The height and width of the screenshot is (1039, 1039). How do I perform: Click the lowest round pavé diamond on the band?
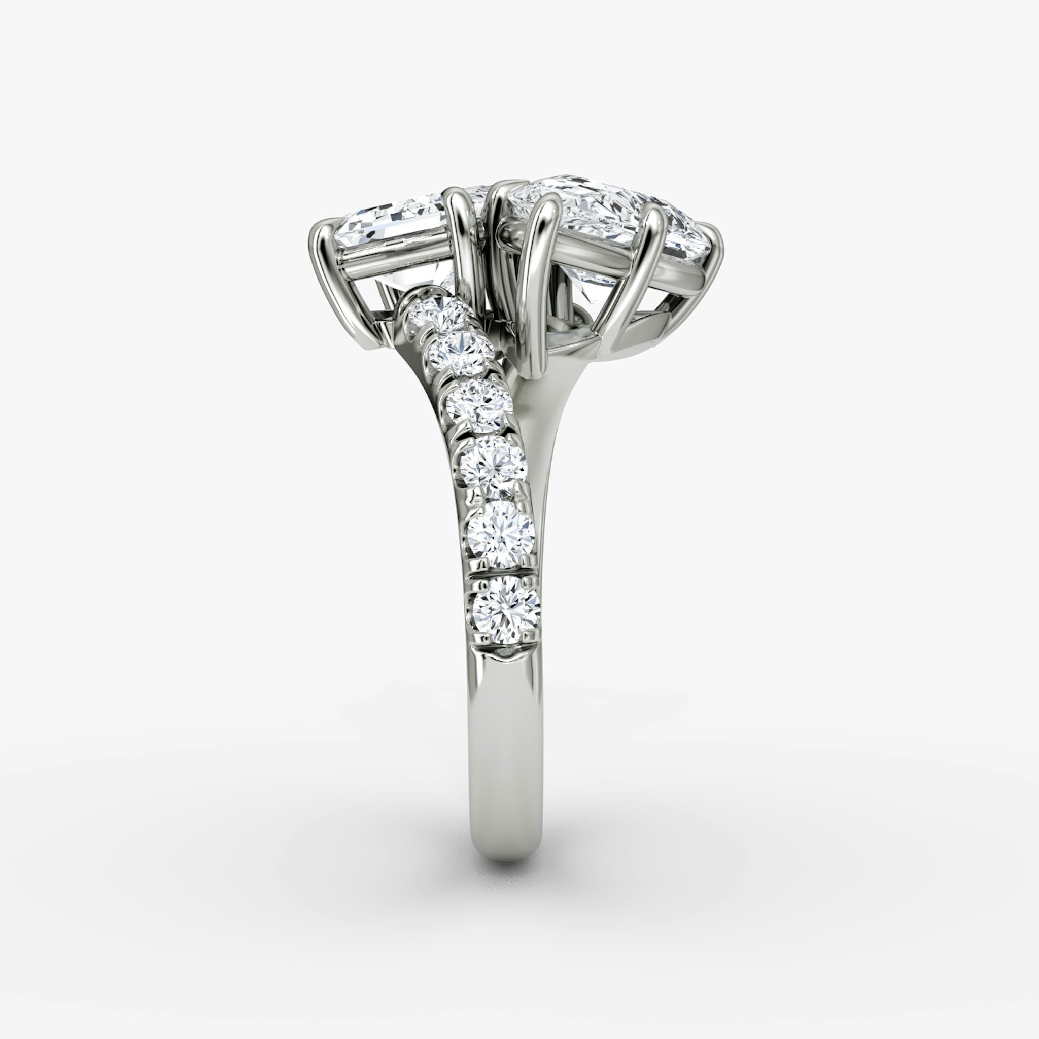[x=506, y=610]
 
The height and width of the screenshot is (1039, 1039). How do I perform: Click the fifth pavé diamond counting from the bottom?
[x=459, y=351]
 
